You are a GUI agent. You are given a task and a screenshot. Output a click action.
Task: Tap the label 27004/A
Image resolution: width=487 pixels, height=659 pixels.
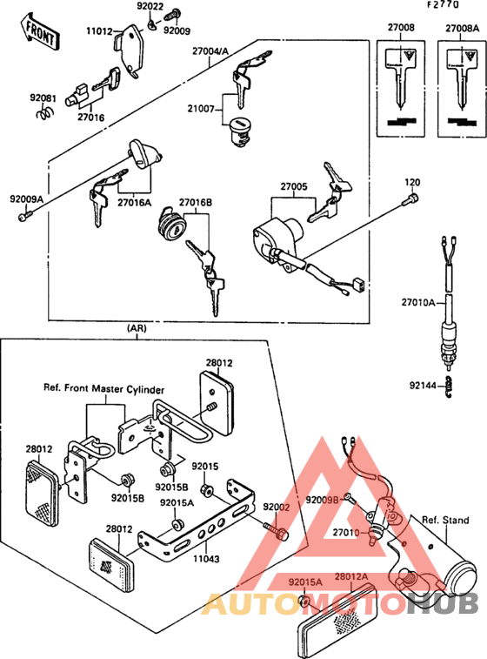(211, 50)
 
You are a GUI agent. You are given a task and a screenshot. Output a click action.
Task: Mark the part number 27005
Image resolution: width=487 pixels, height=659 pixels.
(293, 186)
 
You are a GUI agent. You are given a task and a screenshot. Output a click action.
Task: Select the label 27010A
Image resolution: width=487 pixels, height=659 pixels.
(419, 303)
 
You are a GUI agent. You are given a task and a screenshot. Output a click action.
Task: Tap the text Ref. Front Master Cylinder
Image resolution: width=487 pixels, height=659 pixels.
(104, 389)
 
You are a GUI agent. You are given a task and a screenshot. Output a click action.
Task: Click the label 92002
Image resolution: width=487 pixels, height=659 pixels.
(277, 507)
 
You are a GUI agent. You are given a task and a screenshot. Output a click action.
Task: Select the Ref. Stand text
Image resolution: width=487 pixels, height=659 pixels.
(445, 521)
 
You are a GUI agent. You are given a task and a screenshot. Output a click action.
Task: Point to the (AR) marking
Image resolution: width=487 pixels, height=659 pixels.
(137, 328)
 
